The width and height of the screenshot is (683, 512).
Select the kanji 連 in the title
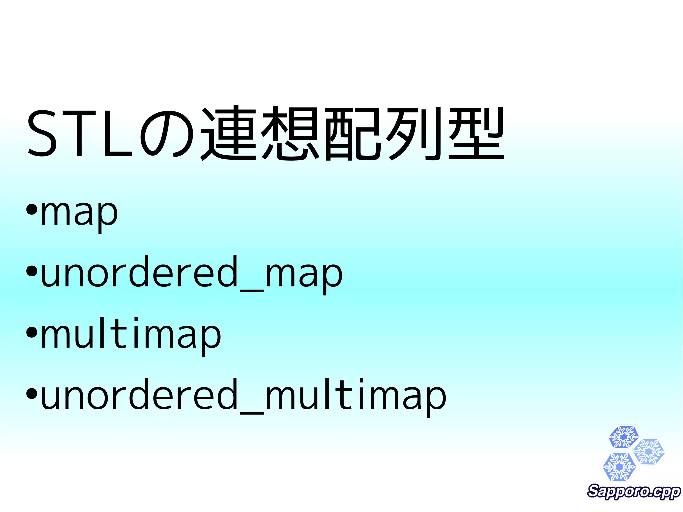point(228,133)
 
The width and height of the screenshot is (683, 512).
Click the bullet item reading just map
point(79,213)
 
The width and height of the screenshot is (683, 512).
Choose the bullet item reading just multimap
point(131,335)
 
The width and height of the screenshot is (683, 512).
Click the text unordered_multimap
point(243,397)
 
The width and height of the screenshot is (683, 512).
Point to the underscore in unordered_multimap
point(252,414)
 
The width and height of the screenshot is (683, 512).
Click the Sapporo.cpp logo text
point(634,492)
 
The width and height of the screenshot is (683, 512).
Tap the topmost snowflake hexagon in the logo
point(623,437)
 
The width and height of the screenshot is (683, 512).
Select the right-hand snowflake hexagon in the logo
point(649,452)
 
